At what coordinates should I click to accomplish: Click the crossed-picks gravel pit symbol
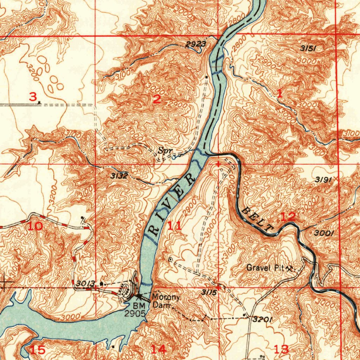point(290,269)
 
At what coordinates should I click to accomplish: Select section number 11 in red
point(175,225)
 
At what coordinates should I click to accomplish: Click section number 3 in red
point(32,97)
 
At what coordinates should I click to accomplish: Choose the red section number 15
point(37,350)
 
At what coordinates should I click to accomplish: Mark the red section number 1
point(279,93)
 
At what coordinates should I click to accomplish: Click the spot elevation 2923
point(195,44)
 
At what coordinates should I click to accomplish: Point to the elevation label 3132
point(118,176)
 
